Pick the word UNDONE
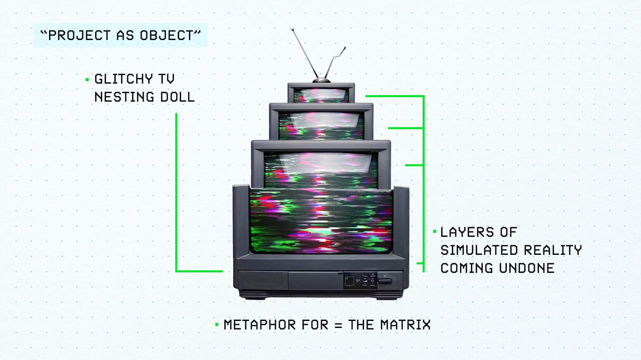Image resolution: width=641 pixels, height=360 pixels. (526, 268)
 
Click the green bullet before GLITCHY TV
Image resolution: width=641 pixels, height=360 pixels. (87, 79)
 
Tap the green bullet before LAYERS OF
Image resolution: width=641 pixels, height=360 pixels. (434, 232)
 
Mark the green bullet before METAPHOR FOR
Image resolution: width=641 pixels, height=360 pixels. (217, 324)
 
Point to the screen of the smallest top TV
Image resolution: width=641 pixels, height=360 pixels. (321, 95)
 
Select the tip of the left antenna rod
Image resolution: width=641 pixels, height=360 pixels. (293, 31)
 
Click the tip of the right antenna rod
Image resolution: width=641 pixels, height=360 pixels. (345, 48)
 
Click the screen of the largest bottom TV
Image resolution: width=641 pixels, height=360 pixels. (320, 220)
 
